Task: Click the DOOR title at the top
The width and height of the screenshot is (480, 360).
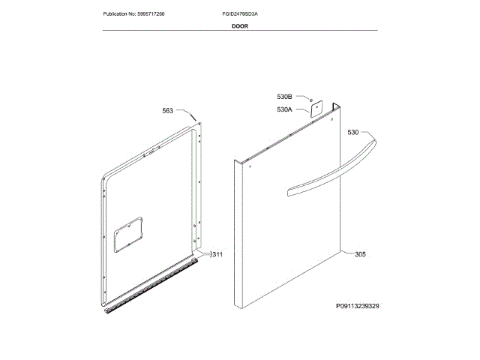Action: tap(240, 25)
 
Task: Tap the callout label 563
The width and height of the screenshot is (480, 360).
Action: tap(167, 110)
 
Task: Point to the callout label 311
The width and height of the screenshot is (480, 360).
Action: tap(217, 255)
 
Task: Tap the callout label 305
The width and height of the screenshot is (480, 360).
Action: tap(360, 255)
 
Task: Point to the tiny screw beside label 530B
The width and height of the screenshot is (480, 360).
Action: tap(307, 97)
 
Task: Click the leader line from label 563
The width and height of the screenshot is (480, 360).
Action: tap(187, 112)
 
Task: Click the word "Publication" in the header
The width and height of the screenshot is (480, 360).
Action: tap(116, 14)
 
